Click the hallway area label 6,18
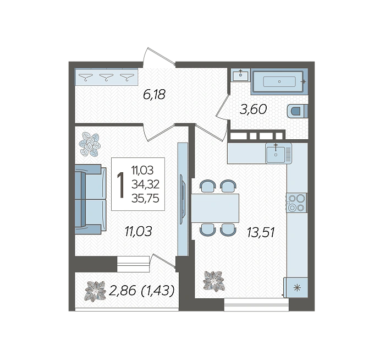154,95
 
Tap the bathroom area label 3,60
253,109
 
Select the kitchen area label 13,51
261,232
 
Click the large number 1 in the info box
121,184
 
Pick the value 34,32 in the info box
145,184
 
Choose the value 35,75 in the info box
145,198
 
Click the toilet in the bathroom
297,111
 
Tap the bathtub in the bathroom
279,81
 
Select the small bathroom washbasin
241,75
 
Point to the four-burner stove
296,203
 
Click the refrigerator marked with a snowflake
296,287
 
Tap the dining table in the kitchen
215,208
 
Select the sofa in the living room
90,199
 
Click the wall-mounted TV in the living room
182,199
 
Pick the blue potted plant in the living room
90,144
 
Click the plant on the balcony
95,291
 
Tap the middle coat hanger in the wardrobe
106,77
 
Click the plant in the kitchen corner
214,281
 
